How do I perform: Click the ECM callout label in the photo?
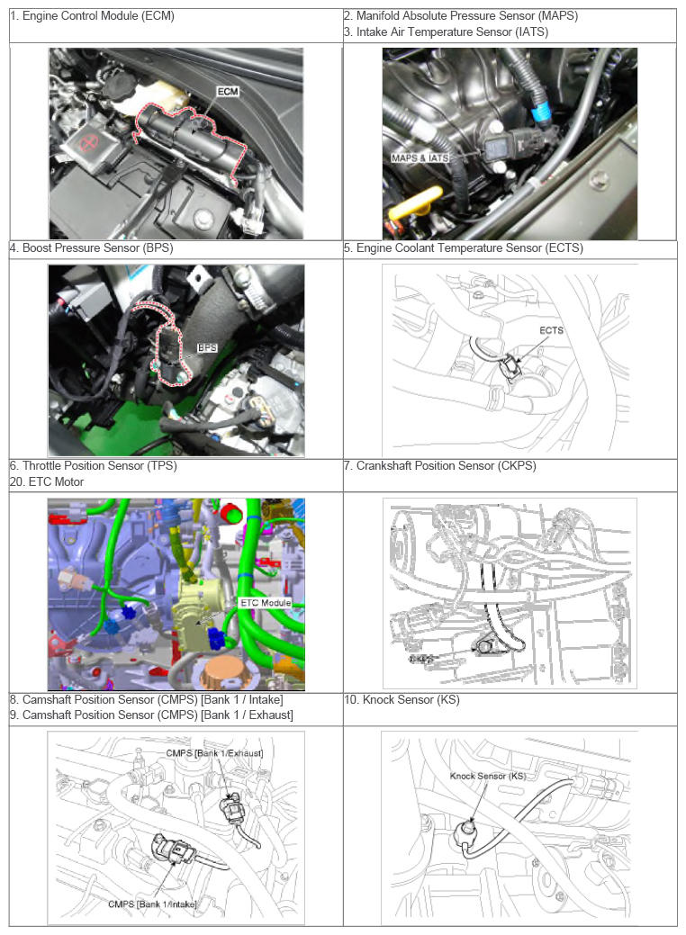pyautogui.click(x=227, y=91)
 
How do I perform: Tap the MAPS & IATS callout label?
pyautogui.click(x=420, y=158)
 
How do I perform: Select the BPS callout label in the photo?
pyautogui.click(x=207, y=347)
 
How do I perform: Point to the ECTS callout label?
pyautogui.click(x=551, y=330)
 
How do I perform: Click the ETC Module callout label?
pyautogui.click(x=266, y=603)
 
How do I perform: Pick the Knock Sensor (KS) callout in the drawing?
pyautogui.click(x=488, y=776)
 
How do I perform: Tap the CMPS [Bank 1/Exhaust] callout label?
pyautogui.click(x=214, y=753)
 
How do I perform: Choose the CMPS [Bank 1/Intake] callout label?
pyautogui.click(x=152, y=904)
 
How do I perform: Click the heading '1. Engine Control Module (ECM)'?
pyautogui.click(x=93, y=16)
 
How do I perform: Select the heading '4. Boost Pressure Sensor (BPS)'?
pyautogui.click(x=91, y=248)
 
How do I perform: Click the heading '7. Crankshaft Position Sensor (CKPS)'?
pyautogui.click(x=440, y=466)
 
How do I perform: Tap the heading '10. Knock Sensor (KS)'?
pyautogui.click(x=402, y=699)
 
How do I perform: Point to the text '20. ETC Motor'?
pyautogui.click(x=47, y=481)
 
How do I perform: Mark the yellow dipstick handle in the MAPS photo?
pyautogui.click(x=416, y=203)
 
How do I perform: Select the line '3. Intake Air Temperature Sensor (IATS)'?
pyautogui.click(x=447, y=32)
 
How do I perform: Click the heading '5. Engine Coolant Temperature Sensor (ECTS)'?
pyautogui.click(x=464, y=248)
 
